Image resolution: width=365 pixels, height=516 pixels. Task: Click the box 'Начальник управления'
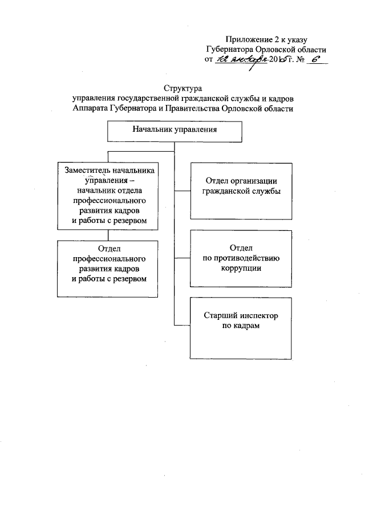pos(175,132)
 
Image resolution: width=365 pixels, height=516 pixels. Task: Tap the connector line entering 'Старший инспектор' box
pos(182,325)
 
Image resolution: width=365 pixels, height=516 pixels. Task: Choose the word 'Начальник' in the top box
pos(151,130)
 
